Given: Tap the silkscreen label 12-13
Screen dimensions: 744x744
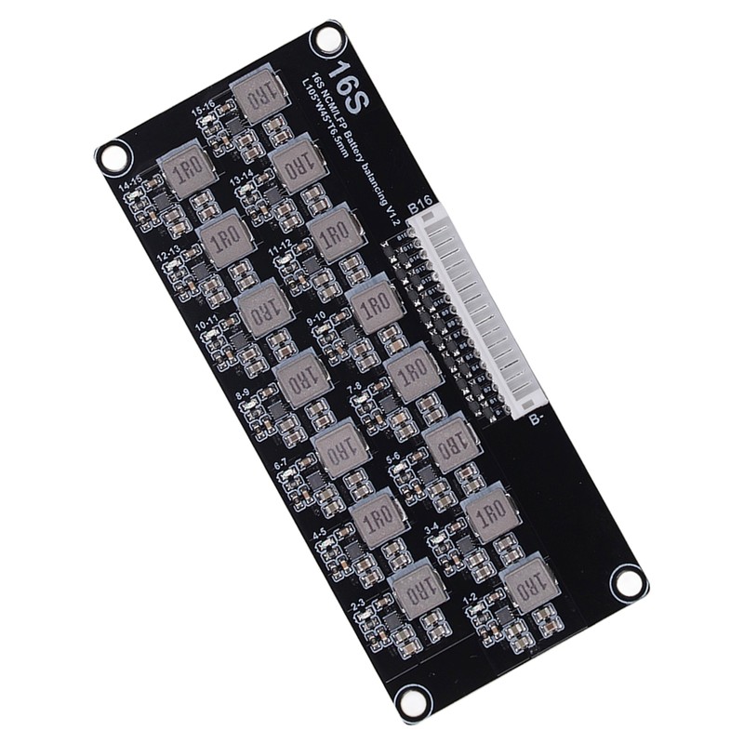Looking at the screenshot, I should [169, 254].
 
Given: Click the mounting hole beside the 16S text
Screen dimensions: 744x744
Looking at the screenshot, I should [326, 38].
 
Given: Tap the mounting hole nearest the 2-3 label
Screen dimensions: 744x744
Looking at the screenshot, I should [409, 700].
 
